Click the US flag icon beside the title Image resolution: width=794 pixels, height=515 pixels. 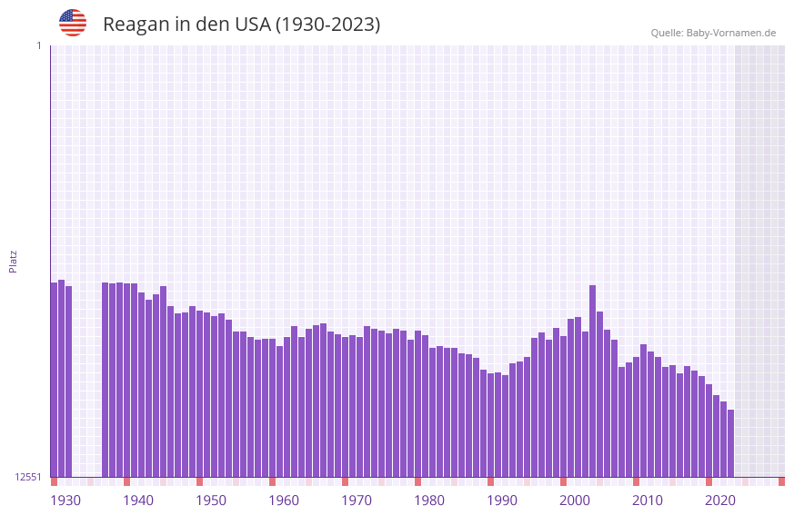(73, 23)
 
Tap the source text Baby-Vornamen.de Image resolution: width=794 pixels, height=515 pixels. (730, 33)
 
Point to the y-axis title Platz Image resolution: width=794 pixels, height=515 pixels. (13, 262)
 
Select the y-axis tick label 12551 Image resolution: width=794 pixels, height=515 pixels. (27, 477)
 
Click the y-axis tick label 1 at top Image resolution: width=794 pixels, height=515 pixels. (38, 45)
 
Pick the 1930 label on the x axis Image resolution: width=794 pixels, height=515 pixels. (65, 500)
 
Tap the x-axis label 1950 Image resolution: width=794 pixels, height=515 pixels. (211, 500)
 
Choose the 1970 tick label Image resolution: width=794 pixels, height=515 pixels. (357, 500)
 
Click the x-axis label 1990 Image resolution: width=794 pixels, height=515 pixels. (502, 500)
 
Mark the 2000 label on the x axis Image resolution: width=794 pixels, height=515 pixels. (575, 500)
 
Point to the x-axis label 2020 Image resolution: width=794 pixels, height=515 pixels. (720, 500)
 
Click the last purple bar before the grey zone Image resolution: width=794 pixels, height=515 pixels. (730, 443)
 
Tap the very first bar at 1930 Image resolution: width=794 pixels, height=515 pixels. (54, 379)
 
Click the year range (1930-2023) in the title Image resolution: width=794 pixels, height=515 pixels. (327, 25)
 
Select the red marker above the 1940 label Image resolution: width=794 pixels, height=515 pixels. (126, 481)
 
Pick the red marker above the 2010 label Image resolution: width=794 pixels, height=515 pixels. (636, 481)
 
